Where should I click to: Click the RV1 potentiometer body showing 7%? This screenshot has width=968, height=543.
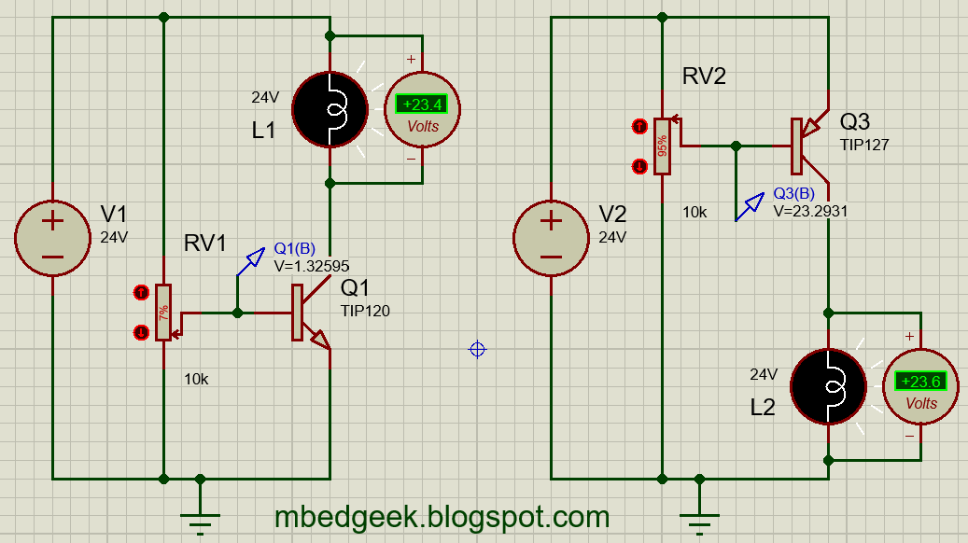coord(163,312)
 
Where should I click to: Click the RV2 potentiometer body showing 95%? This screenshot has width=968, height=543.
coord(662,146)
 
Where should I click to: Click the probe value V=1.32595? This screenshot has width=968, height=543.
coord(312,266)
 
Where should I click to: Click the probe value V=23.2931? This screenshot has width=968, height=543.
coord(810,211)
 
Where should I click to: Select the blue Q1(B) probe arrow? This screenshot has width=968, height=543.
coord(250,263)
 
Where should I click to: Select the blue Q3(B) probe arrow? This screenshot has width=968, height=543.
coord(750,207)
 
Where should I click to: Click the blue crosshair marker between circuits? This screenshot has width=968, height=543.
coord(477,349)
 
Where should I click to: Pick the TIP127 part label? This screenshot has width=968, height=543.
coord(863,146)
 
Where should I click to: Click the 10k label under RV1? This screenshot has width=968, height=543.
coord(196,379)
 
